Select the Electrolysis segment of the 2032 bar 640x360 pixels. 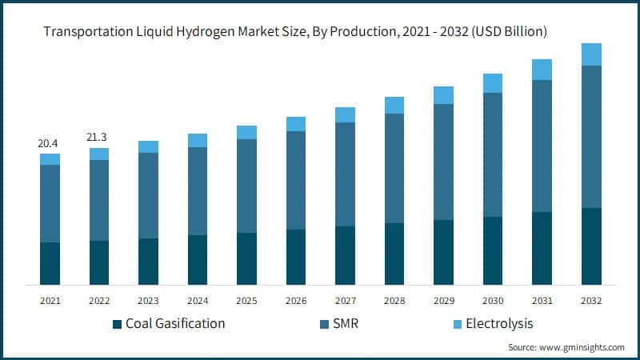pyautogui.click(x=591, y=54)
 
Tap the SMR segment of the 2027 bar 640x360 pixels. pyautogui.click(x=345, y=174)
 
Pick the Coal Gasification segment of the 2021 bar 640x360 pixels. pyautogui.click(x=50, y=263)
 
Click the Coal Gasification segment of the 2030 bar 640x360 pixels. pyautogui.click(x=493, y=250)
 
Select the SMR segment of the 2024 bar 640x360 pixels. pyautogui.click(x=198, y=191)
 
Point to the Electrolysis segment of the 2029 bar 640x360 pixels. pyautogui.click(x=443, y=95)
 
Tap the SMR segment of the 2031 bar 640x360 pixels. pyautogui.click(x=542, y=146)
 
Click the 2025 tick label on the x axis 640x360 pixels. pyautogui.click(x=246, y=301)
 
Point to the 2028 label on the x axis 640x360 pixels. pyautogui.click(x=394, y=301)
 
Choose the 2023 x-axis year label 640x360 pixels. pyautogui.click(x=148, y=301)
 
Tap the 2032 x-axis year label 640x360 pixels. pyautogui.click(x=591, y=301)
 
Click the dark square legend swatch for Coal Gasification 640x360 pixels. pyautogui.click(x=118, y=324)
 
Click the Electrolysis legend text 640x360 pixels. pyautogui.click(x=499, y=324)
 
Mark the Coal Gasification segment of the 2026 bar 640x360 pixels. pyautogui.click(x=296, y=257)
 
